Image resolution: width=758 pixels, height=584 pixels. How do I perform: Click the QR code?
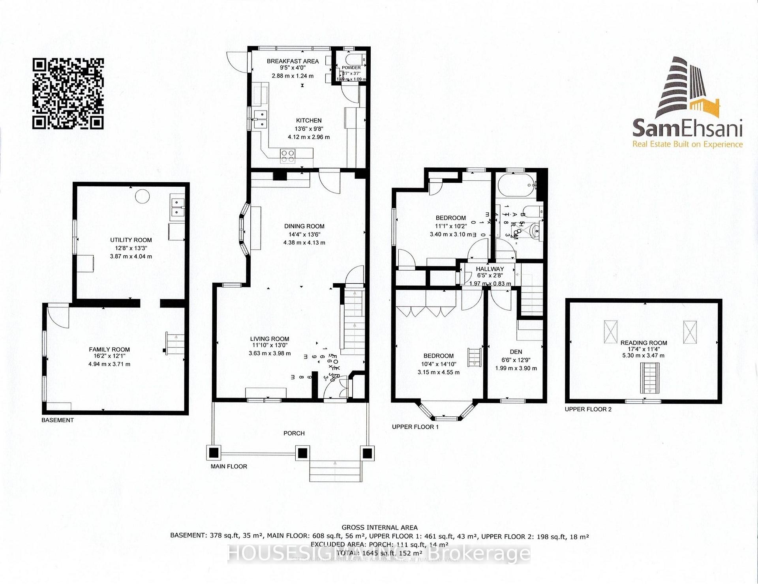(68, 94)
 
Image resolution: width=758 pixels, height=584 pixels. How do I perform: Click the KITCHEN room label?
(309, 120)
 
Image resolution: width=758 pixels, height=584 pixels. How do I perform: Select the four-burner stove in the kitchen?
(287, 156)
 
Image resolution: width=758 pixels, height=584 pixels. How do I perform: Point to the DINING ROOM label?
(304, 226)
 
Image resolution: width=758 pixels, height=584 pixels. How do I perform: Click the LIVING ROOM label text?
(269, 339)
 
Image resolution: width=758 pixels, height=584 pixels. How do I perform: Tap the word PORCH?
(294, 433)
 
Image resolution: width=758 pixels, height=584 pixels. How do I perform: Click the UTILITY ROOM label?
(131, 240)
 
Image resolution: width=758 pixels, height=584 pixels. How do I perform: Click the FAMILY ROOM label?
(109, 349)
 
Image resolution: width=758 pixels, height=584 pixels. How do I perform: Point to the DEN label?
(516, 352)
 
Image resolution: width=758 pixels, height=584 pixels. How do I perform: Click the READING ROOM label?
(644, 343)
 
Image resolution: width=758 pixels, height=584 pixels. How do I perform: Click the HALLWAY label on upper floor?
(490, 269)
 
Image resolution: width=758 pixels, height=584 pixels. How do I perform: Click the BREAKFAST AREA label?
(293, 61)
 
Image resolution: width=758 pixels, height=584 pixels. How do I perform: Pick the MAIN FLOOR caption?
(229, 466)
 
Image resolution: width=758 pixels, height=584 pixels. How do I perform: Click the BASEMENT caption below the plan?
(58, 420)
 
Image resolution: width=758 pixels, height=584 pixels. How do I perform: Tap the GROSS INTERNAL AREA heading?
(379, 527)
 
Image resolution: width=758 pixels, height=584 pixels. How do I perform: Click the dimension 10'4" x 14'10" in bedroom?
(438, 364)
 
